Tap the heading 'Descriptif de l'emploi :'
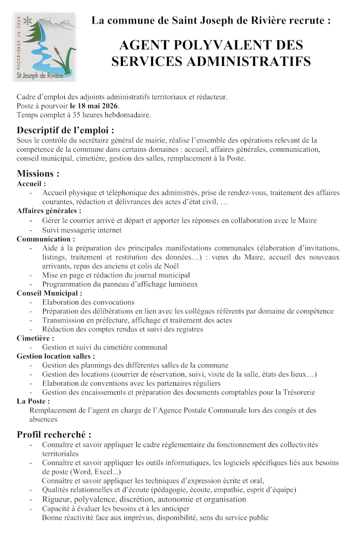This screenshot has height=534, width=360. click(x=65, y=130)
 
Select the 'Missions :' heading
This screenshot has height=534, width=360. click(x=38, y=173)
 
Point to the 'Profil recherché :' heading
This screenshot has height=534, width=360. click(x=54, y=434)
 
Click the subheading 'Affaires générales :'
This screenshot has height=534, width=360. click(x=49, y=211)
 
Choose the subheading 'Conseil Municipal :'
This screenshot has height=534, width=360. click(x=49, y=293)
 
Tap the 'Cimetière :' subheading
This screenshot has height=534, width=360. click(x=35, y=338)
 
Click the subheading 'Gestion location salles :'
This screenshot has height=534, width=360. click(x=56, y=356)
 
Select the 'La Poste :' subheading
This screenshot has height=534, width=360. click(x=33, y=401)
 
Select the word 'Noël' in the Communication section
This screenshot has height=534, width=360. click(x=170, y=266)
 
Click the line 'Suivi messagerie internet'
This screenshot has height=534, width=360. click(x=82, y=230)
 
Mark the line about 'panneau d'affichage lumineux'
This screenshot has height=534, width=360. click(x=120, y=284)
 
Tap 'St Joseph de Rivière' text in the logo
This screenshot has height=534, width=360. click(x=45, y=76)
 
